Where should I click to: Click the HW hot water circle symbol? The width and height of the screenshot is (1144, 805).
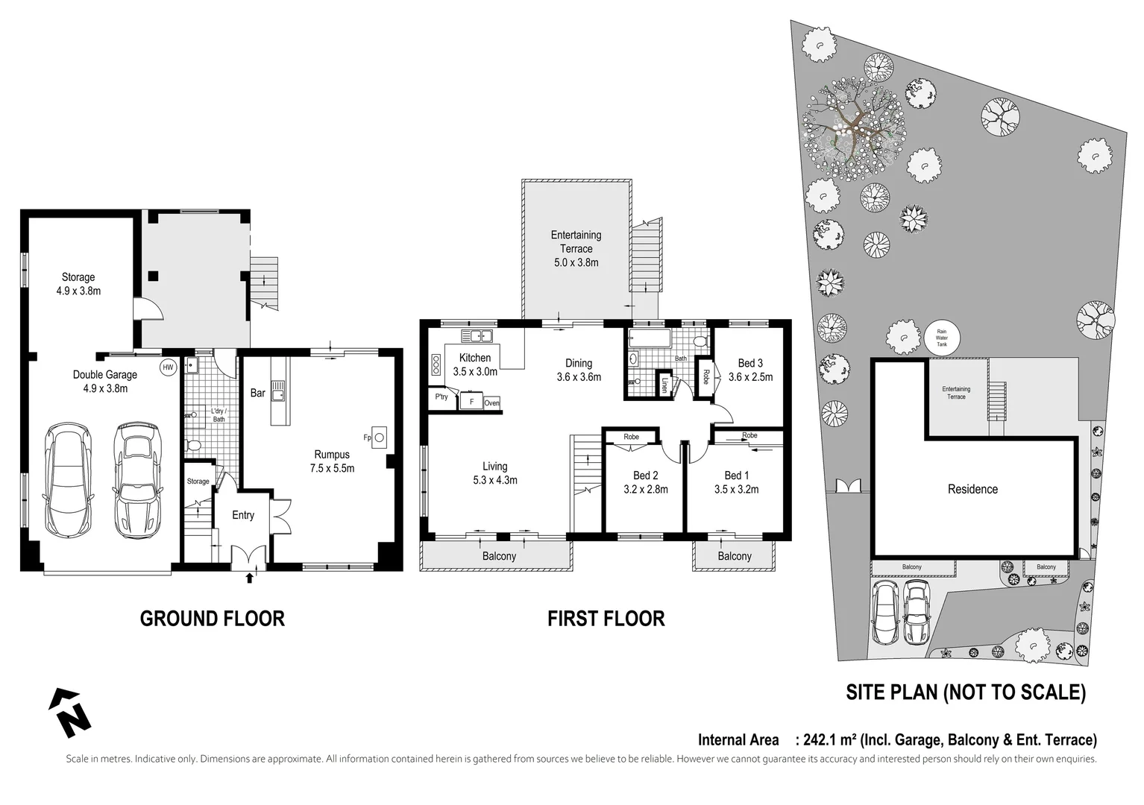(168, 367)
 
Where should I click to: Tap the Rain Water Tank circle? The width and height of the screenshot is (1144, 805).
(941, 337)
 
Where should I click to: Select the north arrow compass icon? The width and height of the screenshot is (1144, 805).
(69, 713)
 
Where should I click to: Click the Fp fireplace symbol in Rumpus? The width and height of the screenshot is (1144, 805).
(379, 438)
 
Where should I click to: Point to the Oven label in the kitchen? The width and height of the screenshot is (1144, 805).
(491, 403)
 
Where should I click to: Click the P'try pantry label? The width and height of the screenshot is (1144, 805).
(441, 397)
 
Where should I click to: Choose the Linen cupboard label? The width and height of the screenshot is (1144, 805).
(664, 384)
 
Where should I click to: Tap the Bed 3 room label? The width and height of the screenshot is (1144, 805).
(750, 363)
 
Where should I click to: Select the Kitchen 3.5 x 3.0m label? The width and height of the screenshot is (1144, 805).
(475, 364)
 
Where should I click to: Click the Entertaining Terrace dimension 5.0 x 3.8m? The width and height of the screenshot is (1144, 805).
(576, 262)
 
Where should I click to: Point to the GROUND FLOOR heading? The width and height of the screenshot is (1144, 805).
(213, 619)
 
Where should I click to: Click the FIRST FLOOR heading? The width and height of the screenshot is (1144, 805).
(606, 619)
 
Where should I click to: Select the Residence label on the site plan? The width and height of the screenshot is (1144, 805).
(972, 489)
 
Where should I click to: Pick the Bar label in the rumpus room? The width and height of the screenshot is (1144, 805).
(257, 393)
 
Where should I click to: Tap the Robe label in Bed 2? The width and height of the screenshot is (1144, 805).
(631, 437)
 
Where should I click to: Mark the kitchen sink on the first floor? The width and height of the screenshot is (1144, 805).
(476, 336)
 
